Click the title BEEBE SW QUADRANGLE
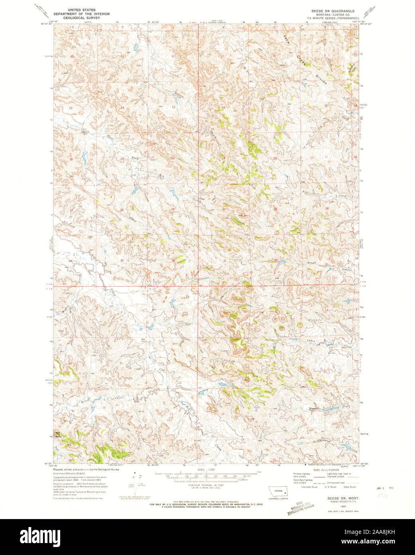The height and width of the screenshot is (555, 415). click(333, 10)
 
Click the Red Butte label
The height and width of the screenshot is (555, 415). click(59, 435)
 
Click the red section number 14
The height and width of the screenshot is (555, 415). click(122, 108)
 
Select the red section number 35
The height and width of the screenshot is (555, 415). click(122, 261)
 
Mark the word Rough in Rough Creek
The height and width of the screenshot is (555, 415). click(311, 262)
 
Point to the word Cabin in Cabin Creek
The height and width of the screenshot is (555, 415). click(311, 340)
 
